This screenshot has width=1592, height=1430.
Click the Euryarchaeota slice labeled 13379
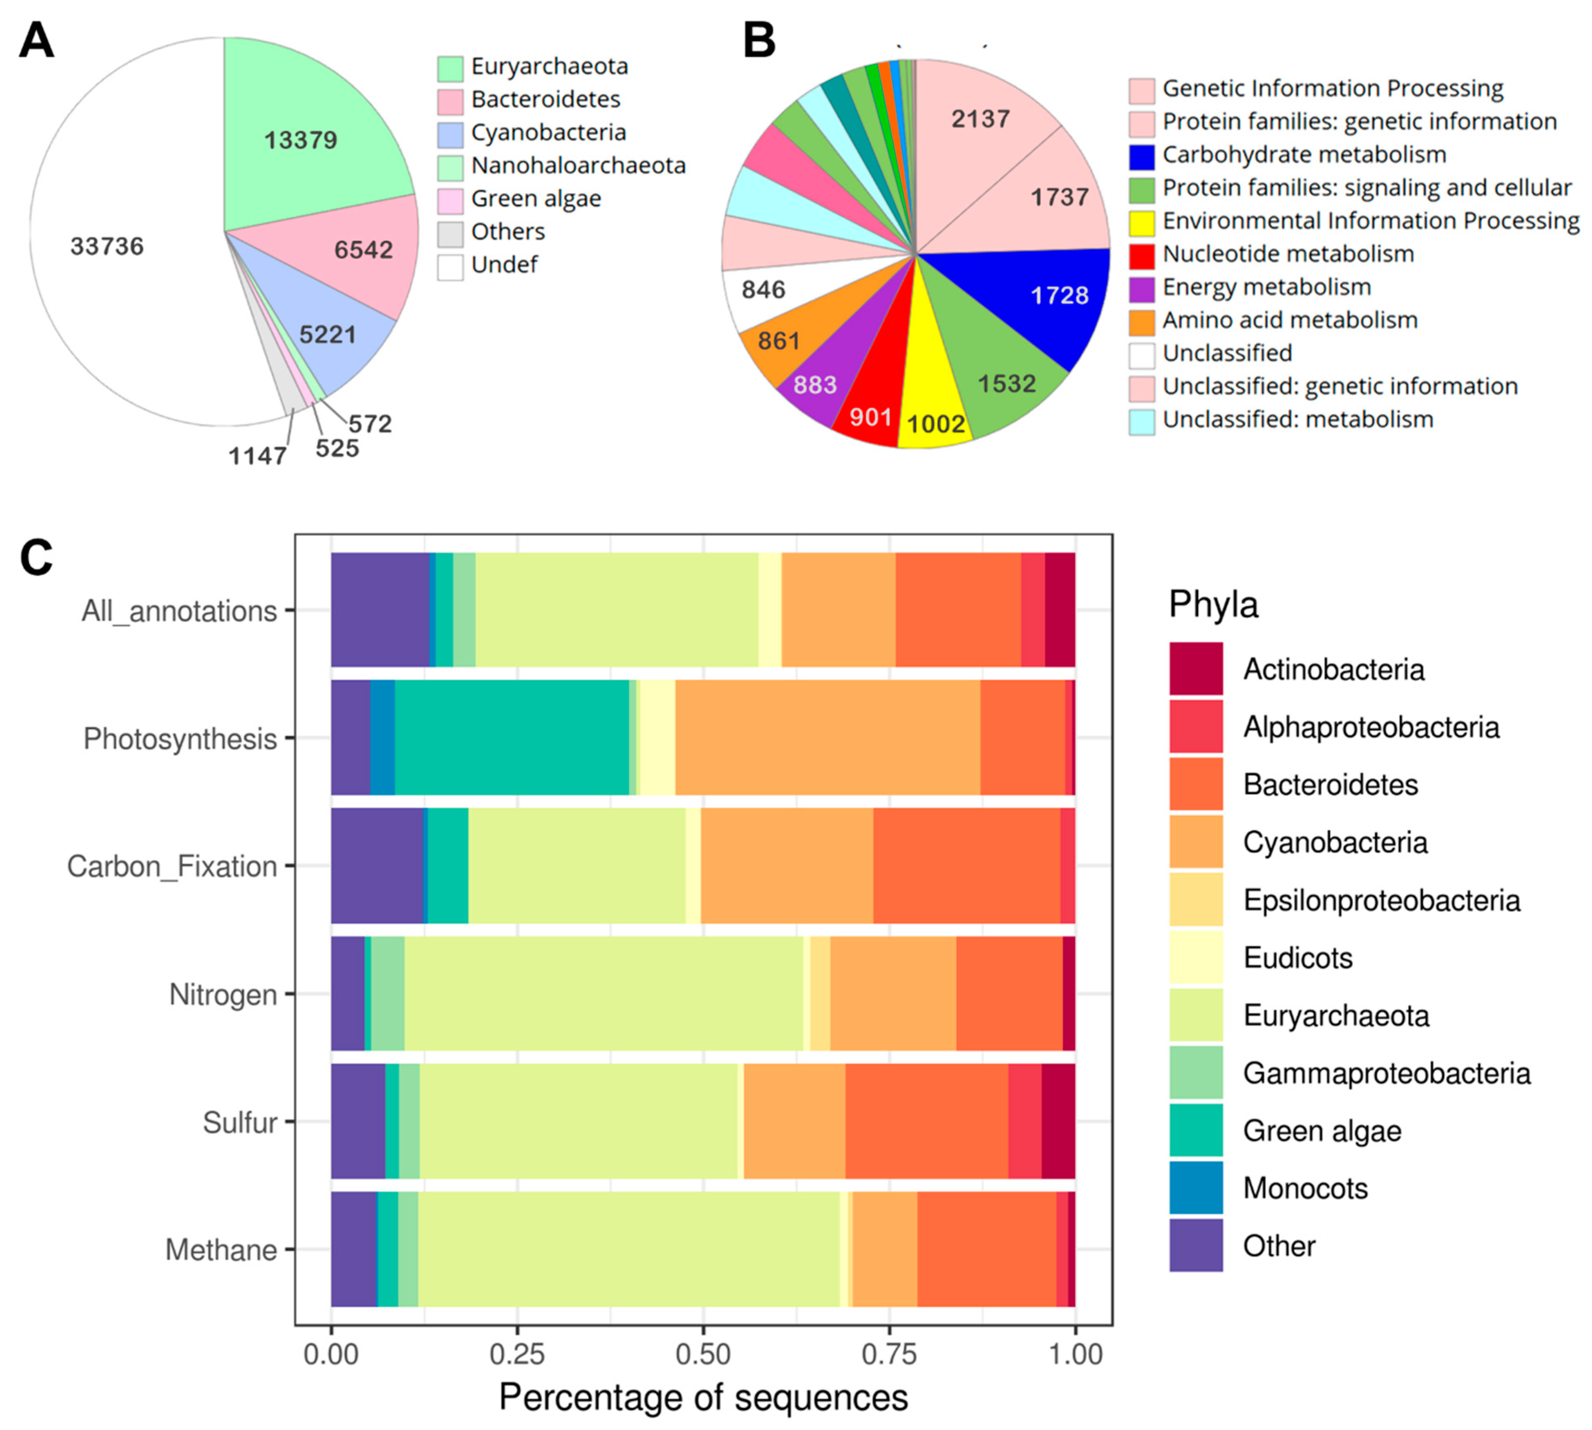coord(301,140)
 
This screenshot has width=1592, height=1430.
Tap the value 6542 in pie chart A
coord(363,250)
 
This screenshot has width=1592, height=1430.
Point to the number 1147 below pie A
coord(257,455)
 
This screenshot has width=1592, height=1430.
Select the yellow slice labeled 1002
coord(935,424)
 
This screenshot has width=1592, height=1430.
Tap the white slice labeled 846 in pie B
coord(763,290)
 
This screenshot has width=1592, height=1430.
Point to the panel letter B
coord(759,41)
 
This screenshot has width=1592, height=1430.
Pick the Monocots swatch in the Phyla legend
coord(1195,1188)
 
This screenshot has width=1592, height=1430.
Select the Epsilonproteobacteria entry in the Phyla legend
coord(1381,901)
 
